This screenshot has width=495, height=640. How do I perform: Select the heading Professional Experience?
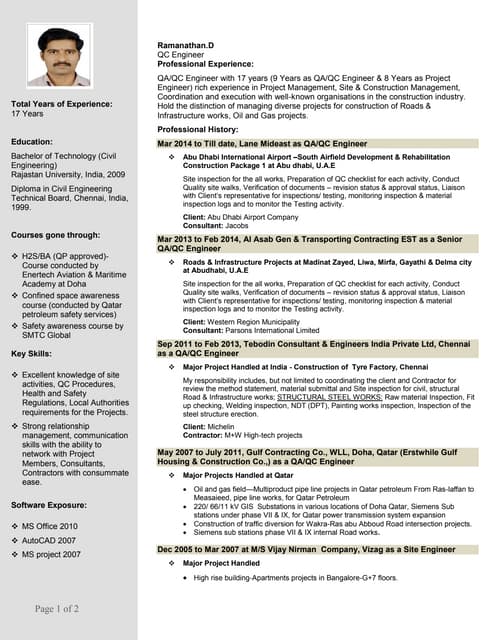click(x=205, y=64)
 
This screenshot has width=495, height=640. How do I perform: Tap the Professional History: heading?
click(x=198, y=130)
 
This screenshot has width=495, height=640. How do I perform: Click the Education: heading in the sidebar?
click(x=32, y=142)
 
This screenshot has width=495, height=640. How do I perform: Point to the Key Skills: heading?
click(x=34, y=354)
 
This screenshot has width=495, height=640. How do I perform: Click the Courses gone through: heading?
click(x=55, y=235)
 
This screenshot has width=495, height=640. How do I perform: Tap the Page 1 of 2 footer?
click(x=57, y=609)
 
